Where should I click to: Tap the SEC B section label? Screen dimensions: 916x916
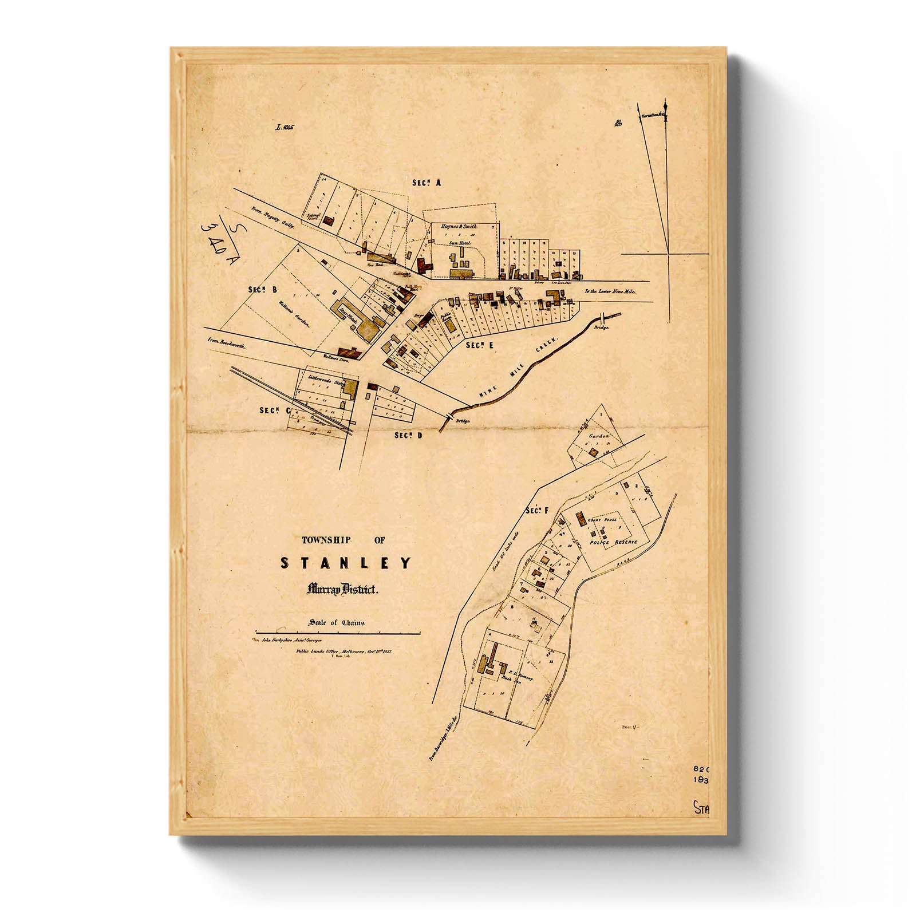tap(263, 290)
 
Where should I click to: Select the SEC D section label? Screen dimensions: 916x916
tap(408, 436)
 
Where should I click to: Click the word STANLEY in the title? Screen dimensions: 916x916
tap(345, 563)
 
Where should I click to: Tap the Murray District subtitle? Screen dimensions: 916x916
tap(342, 589)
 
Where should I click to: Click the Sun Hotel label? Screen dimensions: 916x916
tap(459, 243)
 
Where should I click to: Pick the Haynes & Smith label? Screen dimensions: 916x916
tap(459, 227)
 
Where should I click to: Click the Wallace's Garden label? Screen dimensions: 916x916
tap(294, 315)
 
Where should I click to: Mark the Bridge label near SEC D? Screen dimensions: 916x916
tap(463, 421)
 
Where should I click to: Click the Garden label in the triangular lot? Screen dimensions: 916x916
tap(597, 436)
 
